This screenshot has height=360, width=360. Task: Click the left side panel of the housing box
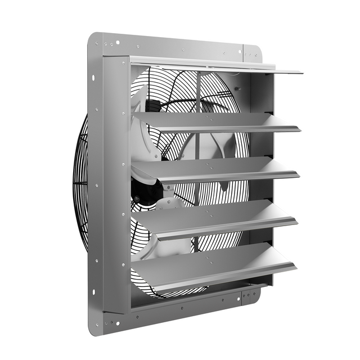pos(116,186)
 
